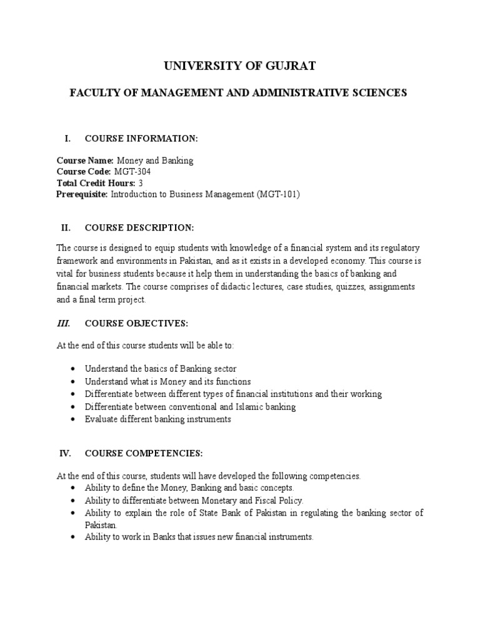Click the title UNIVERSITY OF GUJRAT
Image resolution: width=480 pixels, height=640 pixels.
[x=240, y=65]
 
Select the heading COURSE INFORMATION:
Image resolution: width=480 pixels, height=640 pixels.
[x=141, y=137]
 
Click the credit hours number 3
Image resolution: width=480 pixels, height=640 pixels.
[x=141, y=182]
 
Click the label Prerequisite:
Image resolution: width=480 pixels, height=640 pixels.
[x=82, y=194]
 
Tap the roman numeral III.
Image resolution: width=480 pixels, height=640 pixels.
[x=64, y=323]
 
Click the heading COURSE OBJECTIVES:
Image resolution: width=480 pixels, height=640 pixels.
[x=136, y=323]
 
